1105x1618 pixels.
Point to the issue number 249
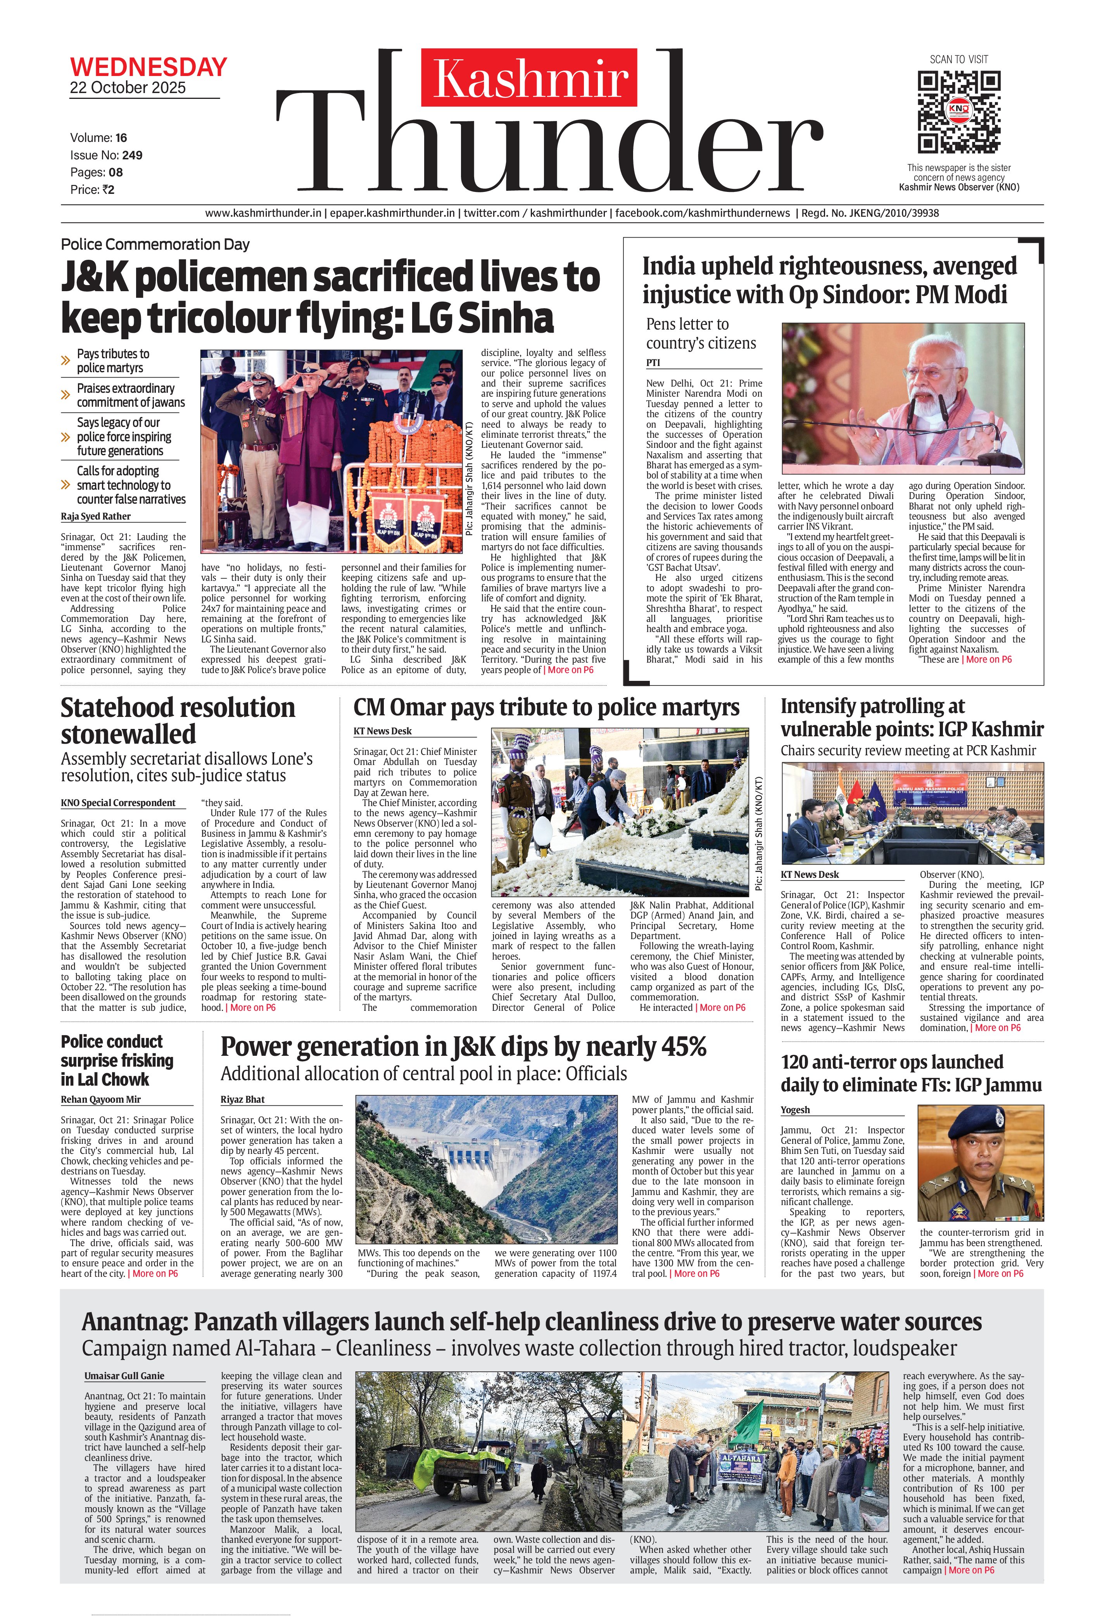132,155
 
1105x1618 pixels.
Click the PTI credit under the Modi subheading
653,363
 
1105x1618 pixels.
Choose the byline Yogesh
795,1110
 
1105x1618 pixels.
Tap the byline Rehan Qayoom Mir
100,1099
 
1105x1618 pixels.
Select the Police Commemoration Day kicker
155,244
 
